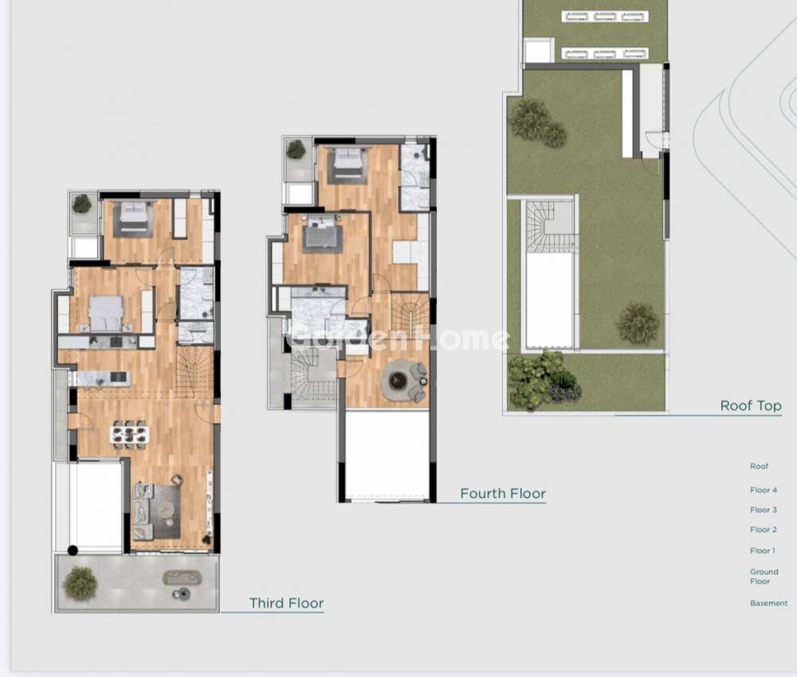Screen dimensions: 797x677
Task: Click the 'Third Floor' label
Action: point(286,603)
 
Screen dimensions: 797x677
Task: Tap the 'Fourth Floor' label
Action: point(503,493)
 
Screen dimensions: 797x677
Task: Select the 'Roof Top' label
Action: point(751,405)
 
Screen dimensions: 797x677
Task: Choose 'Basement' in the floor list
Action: point(768,603)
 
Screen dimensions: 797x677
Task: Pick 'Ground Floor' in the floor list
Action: point(764,577)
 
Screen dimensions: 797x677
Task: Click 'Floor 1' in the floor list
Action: point(763,550)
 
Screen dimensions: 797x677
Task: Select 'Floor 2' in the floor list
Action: point(764,529)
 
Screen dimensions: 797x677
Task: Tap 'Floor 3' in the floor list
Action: point(764,510)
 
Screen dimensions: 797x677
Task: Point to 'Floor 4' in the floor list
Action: point(764,490)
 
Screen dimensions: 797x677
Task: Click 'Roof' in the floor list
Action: point(759,466)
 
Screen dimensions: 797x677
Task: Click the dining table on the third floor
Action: point(130,434)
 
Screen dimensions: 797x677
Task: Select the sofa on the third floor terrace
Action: point(182,577)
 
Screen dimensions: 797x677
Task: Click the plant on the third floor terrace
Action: point(80,582)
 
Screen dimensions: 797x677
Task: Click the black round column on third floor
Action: point(73,550)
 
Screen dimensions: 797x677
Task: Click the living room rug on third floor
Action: point(157,511)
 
